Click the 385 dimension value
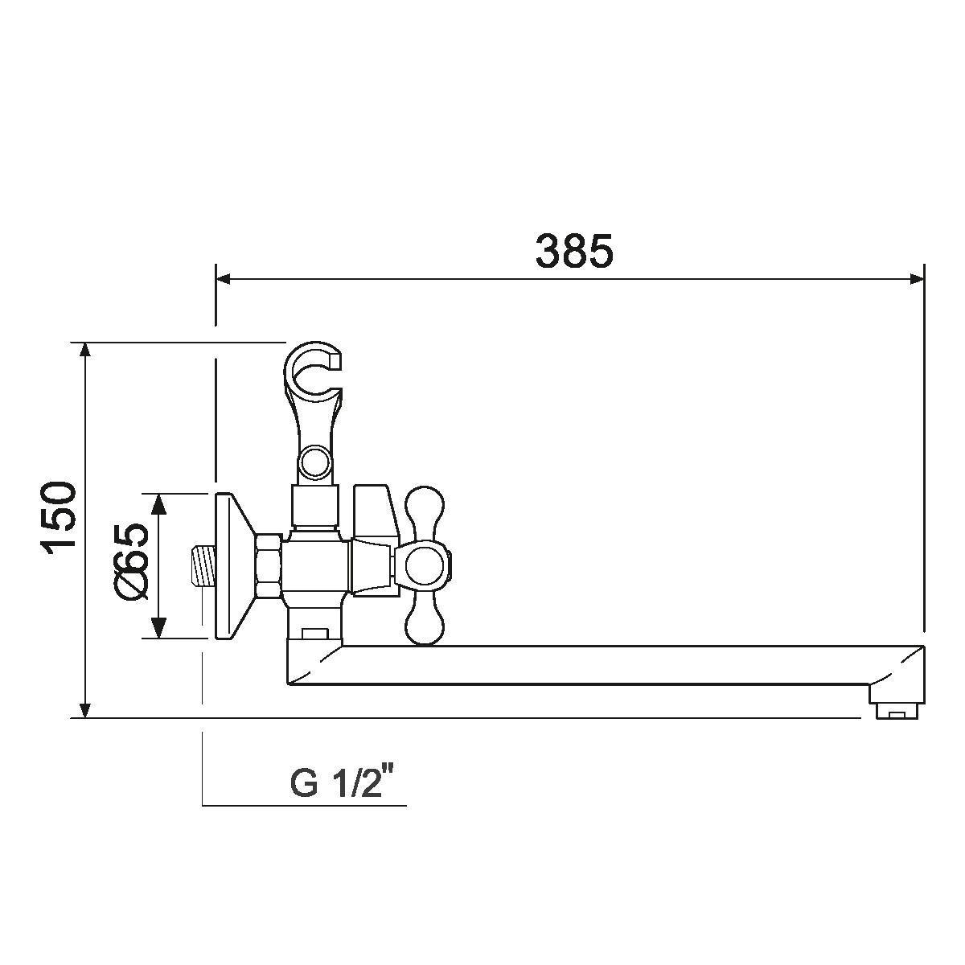click(574, 250)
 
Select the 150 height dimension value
click(60, 520)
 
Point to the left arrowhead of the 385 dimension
click(223, 279)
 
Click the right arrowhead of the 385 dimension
click(917, 279)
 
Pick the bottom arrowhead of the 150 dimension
click(86, 710)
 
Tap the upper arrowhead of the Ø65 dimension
click(158, 503)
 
